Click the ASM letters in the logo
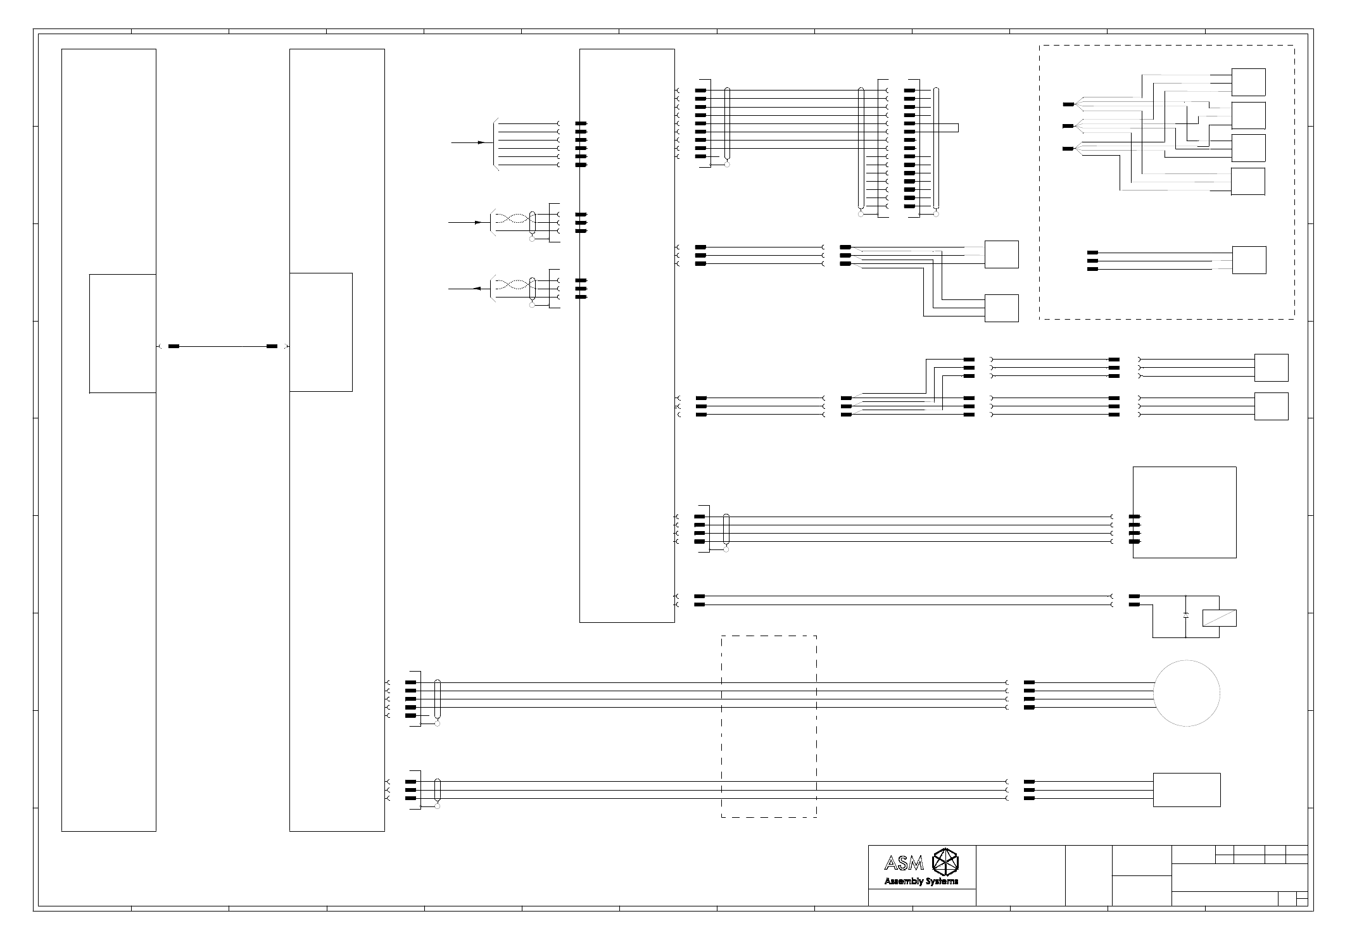click(904, 863)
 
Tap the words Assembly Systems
click(921, 881)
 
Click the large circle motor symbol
click(1186, 693)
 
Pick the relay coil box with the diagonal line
click(1219, 618)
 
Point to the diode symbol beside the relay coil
click(1185, 615)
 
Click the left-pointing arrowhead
click(476, 289)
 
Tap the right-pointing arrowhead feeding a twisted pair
click(478, 223)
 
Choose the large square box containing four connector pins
click(1184, 512)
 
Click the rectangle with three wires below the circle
click(1186, 790)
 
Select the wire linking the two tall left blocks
click(222, 346)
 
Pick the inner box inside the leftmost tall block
click(122, 333)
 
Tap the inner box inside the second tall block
click(320, 332)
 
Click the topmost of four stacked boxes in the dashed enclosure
click(1248, 82)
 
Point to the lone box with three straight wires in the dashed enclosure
click(1249, 260)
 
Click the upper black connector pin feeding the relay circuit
click(1134, 596)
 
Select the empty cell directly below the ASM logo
click(921, 898)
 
